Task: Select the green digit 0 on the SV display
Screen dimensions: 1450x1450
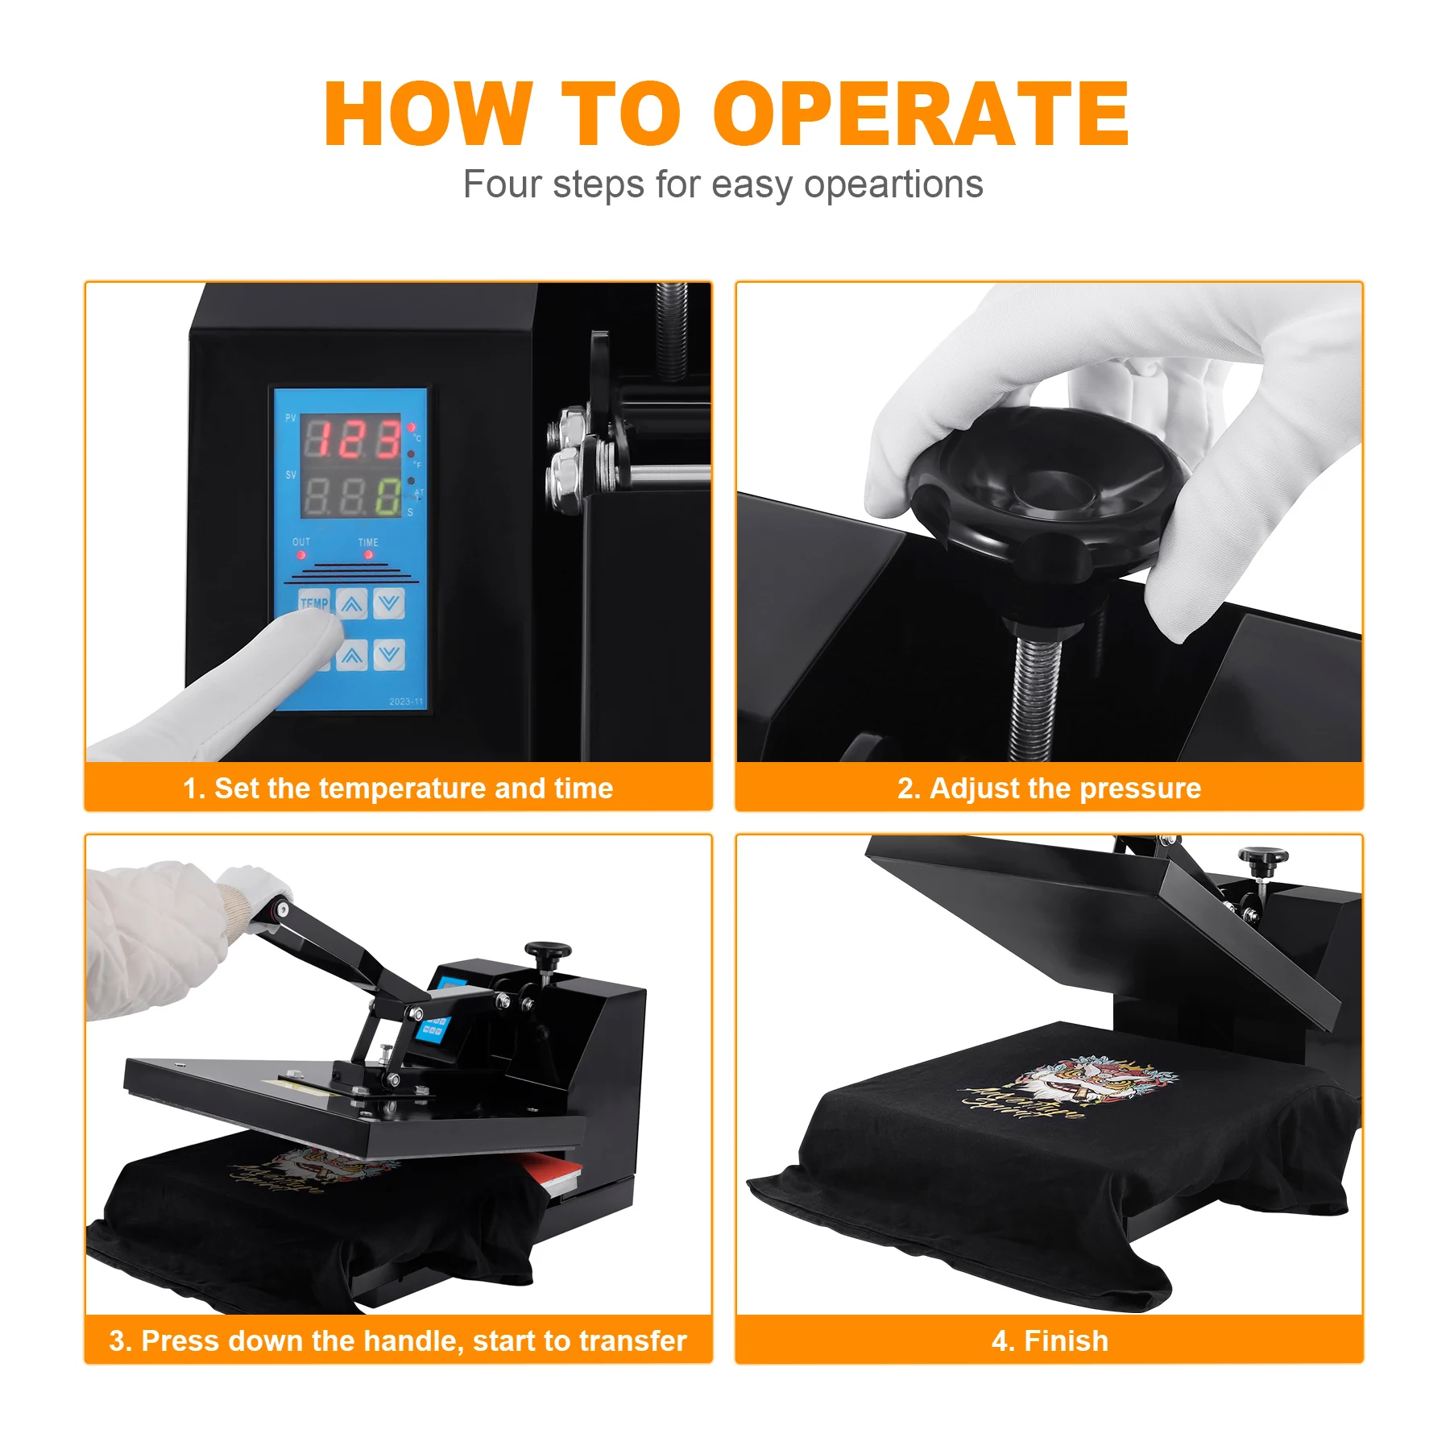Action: (388, 496)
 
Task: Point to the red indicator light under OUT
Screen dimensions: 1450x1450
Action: (301, 555)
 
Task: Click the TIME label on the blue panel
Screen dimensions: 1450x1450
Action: (368, 542)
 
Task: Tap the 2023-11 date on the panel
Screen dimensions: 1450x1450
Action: (406, 702)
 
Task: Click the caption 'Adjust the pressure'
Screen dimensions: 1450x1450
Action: (1064, 788)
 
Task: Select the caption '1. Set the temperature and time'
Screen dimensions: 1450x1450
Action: (398, 788)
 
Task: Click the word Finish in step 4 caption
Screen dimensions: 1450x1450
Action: (1065, 1340)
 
